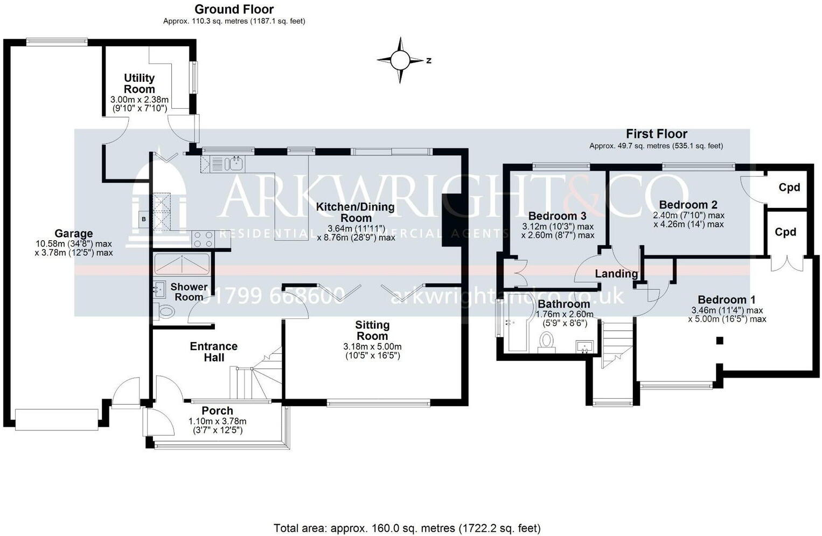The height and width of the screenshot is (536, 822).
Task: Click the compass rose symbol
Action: click(x=400, y=60)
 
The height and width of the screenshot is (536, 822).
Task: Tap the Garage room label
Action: click(x=73, y=233)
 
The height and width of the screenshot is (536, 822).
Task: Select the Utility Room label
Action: click(x=139, y=83)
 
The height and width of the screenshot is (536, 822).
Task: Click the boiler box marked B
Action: click(x=143, y=219)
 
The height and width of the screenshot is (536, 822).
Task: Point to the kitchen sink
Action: click(x=235, y=163)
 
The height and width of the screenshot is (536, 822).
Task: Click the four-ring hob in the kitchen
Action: click(x=204, y=239)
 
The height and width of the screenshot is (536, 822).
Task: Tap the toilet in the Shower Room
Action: click(x=166, y=311)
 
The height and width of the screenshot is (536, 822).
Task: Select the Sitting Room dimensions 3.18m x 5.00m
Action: click(x=372, y=346)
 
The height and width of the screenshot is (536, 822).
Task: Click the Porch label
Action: click(x=217, y=410)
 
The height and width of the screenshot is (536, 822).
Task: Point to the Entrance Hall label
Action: click(x=213, y=352)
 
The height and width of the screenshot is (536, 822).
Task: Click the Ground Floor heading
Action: click(x=234, y=9)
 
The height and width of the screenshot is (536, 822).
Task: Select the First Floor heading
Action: click(x=656, y=134)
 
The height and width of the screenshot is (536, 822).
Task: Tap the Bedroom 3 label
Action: click(x=557, y=216)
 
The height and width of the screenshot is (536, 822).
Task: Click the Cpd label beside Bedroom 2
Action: click(x=789, y=187)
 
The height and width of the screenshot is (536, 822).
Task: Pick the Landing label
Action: click(x=616, y=274)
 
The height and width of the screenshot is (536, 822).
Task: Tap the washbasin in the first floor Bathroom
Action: click(x=584, y=346)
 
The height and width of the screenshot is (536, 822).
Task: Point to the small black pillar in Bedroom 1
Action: click(x=719, y=340)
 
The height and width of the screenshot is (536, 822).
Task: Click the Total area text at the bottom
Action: click(x=407, y=528)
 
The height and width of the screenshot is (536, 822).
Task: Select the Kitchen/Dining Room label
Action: click(x=355, y=212)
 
